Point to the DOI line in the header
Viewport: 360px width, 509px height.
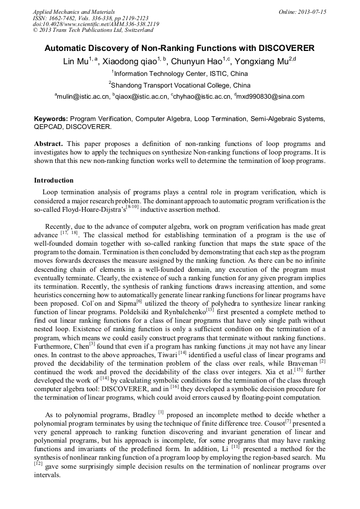pos(96,24)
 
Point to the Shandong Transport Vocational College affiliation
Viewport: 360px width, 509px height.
pos(181,85)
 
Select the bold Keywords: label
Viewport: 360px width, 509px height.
pos(51,119)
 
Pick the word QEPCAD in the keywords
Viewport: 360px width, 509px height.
pos(49,127)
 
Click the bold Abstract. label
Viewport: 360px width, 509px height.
pos(48,144)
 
